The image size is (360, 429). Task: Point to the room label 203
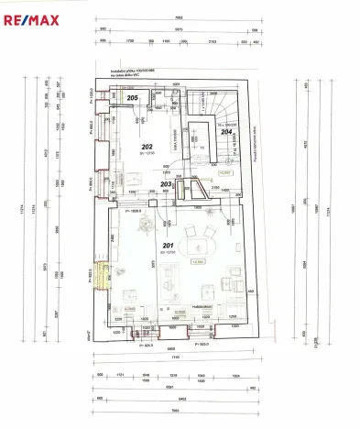166,184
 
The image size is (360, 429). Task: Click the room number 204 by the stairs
226,132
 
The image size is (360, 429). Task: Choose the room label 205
133,97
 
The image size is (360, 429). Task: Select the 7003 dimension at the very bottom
179,412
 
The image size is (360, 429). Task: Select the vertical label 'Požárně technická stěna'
263,137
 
